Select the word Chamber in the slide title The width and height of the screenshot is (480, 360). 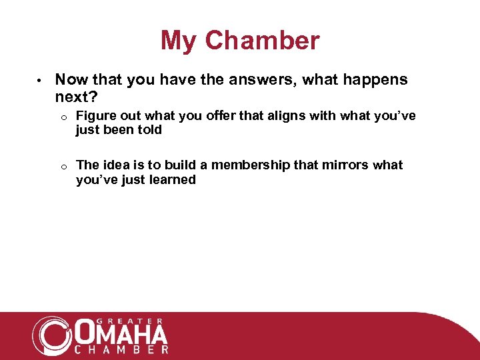tap(262, 41)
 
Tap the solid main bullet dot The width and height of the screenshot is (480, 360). tap(40, 81)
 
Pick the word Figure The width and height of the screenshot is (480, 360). tap(95, 117)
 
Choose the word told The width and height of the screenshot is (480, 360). tap(149, 130)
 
